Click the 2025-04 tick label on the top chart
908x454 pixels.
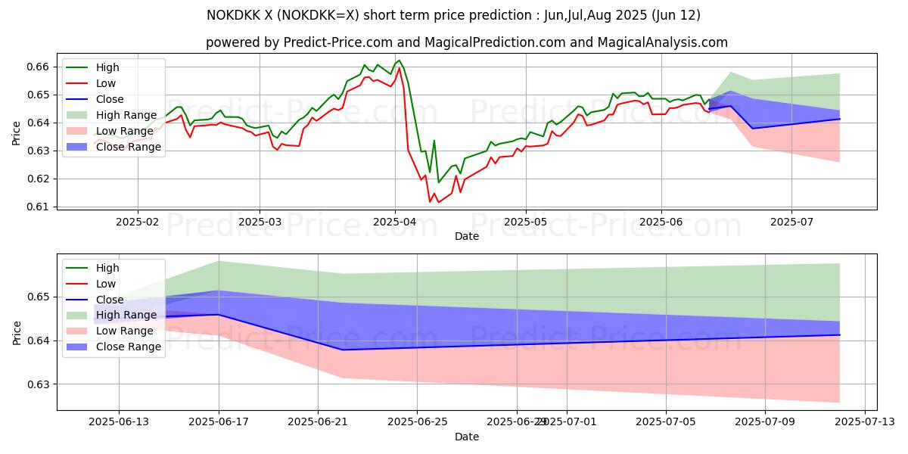[394, 222]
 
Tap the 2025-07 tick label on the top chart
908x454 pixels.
[791, 222]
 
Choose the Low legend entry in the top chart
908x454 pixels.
[107, 83]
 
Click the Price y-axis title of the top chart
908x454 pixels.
[17, 132]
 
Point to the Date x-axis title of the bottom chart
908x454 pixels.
[467, 437]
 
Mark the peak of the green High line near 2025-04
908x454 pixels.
[399, 60]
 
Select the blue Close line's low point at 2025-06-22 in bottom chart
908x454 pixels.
[343, 350]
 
